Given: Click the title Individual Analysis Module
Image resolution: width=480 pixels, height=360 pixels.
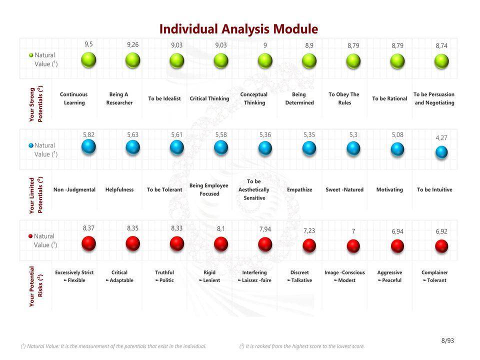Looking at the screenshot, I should pos(238,29).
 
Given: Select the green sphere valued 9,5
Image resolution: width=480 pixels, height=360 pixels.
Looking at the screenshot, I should pos(88,60).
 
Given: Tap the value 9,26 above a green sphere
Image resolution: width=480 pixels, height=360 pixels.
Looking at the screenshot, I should pos(132,45).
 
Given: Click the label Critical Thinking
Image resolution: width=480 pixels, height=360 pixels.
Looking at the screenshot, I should pos(209,98).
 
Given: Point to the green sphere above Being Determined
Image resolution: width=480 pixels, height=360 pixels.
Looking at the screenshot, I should pos(309,61).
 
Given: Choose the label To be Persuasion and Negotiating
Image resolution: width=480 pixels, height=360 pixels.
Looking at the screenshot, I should pos(434,98).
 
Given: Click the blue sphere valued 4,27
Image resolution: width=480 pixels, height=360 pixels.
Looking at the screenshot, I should pos(441,152).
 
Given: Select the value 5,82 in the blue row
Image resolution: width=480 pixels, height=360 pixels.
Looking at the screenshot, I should pos(88,135).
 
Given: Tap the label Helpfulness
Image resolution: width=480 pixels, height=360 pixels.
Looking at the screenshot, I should pos(119,190).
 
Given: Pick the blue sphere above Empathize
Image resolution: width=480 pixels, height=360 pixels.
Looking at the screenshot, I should pos(309,148).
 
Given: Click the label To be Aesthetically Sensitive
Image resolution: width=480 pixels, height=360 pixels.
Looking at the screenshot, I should pos(253,189).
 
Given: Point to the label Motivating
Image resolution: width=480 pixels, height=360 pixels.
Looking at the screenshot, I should pos(389,190).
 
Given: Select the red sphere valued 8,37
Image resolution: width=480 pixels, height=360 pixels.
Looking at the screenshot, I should pos(88,243).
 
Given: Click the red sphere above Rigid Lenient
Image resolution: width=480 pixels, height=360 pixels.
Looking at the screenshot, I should pos(221,244).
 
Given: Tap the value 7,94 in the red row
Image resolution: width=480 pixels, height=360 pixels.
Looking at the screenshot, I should pos(265,229).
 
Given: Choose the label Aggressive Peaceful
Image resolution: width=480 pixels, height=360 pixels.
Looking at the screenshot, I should pos(389,276).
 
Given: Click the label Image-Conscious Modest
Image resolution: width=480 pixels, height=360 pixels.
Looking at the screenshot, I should pos(344,276).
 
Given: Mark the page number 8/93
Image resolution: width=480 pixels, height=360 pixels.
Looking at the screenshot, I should pos(447,341).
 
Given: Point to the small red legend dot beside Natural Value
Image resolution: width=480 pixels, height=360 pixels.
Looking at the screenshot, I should pos(30,236).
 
